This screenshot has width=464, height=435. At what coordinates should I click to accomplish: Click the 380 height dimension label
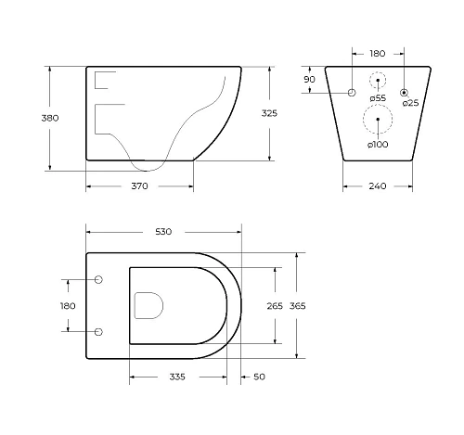[x=50, y=118]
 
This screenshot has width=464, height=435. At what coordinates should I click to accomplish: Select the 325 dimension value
[x=269, y=113]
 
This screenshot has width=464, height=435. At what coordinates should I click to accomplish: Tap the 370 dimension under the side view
[x=139, y=186]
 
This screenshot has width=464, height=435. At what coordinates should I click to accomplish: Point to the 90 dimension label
[x=309, y=80]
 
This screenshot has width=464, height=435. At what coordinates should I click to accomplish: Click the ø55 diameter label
[x=378, y=98]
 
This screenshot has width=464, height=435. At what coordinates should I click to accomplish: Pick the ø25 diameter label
[x=410, y=103]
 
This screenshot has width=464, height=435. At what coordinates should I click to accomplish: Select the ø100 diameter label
[x=378, y=145]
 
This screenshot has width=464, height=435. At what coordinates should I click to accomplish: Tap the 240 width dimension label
[x=378, y=186]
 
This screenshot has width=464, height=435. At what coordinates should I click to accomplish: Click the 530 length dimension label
[x=163, y=232]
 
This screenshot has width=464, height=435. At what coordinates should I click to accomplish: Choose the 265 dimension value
[x=275, y=306]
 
